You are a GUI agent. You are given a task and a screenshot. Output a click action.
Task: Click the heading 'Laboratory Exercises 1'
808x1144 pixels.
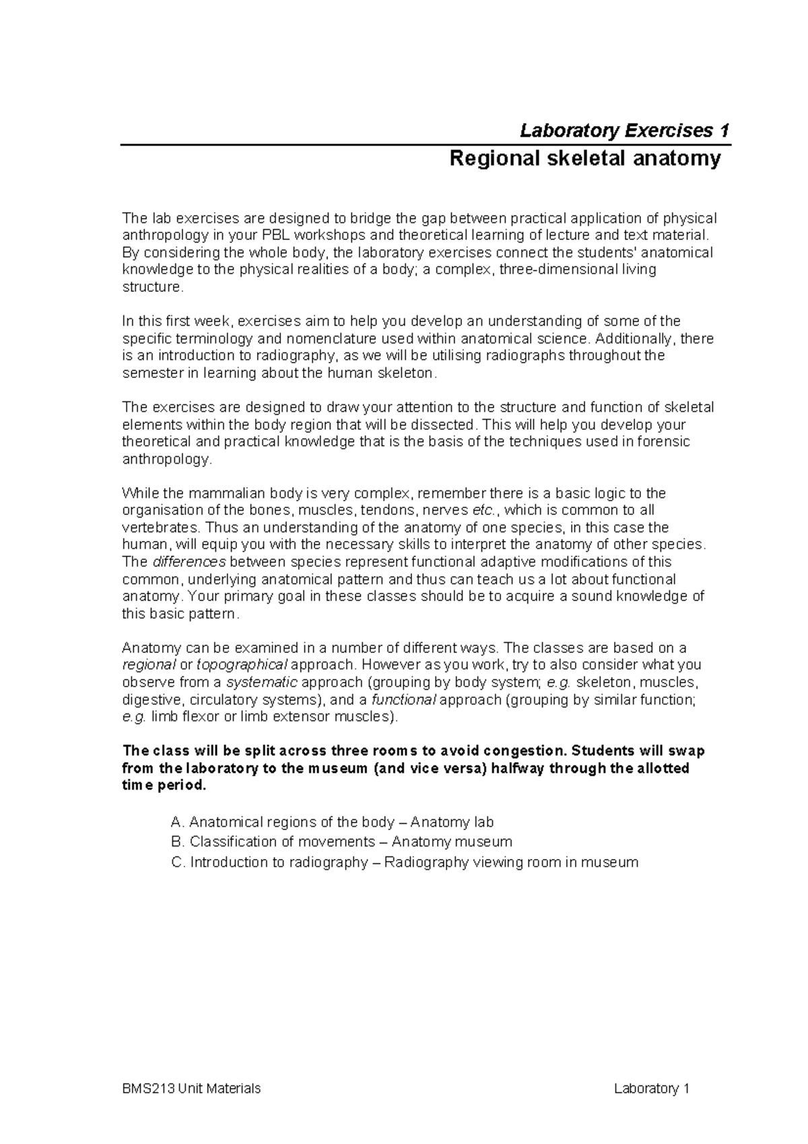click(x=624, y=130)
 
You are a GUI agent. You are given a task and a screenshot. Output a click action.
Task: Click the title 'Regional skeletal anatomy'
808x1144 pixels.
click(x=585, y=159)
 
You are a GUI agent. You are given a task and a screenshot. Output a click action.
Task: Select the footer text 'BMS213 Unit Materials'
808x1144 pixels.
click(x=191, y=1089)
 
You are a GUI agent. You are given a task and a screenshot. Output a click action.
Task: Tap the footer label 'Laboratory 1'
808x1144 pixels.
click(x=652, y=1089)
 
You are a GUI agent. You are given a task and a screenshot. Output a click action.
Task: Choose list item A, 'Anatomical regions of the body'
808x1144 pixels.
click(x=333, y=822)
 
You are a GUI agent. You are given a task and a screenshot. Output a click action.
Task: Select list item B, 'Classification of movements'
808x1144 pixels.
click(x=342, y=841)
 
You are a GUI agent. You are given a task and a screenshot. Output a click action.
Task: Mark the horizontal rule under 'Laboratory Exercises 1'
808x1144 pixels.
click(x=426, y=145)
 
